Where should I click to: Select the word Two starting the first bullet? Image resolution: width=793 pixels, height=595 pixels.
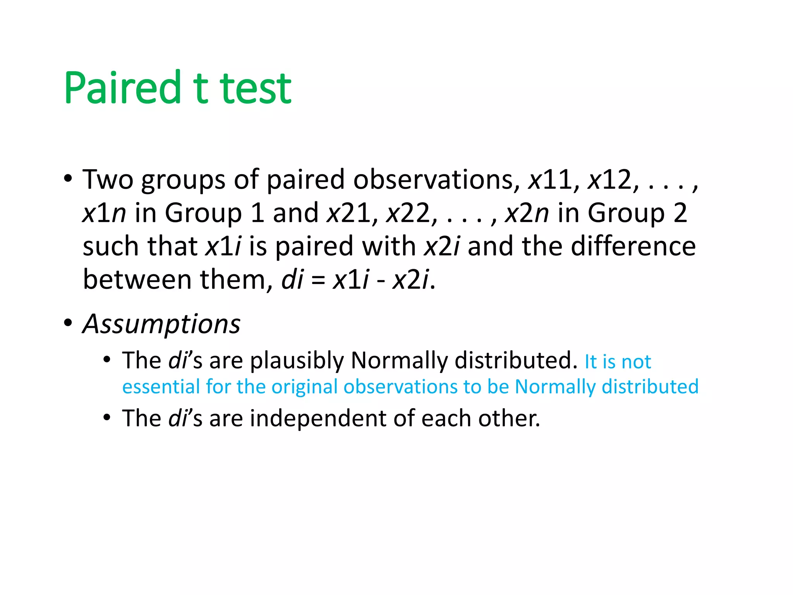tap(108, 180)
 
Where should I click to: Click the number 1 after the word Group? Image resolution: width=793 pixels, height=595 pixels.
tap(257, 213)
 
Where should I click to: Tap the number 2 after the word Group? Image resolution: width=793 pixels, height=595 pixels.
tap(680, 213)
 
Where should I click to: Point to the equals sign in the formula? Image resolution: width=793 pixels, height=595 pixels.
tap(318, 280)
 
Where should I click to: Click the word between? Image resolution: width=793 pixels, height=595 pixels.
tap(137, 280)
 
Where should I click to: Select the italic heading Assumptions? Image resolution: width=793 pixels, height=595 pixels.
tap(161, 324)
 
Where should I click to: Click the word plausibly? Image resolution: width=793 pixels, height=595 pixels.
tap(297, 361)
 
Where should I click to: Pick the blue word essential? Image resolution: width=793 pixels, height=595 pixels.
tap(161, 387)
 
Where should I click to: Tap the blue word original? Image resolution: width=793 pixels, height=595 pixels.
tap(304, 387)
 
